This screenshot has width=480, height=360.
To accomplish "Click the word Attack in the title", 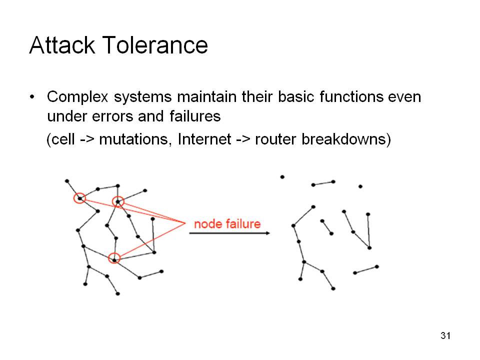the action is coord(62,45).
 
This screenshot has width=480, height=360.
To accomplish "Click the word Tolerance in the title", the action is coord(155,45).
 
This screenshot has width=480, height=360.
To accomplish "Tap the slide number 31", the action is coord(445,335).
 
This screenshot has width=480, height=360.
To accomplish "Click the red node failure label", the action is coord(227,224).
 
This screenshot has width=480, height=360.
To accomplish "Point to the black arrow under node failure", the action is coord(229,233).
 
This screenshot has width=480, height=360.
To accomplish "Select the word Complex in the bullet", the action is coord(77,96).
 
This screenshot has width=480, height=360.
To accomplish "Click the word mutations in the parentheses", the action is coord(134,139).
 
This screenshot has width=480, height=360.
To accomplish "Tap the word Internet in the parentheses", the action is coord(204,139).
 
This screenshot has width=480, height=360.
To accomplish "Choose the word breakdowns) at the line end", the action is coord(346,139).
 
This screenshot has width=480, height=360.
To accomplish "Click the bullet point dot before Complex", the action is coord(32,97).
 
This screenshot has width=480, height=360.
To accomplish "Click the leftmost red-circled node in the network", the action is coord(79,198).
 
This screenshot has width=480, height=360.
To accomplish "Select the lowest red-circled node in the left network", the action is coord(114,259).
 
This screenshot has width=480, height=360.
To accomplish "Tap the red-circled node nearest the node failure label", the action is coord(118,201).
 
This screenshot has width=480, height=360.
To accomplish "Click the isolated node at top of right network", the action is coord(282,177).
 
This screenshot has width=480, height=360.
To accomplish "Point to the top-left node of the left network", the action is coord(67,181).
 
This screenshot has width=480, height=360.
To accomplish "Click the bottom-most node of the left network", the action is coord(118,294).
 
